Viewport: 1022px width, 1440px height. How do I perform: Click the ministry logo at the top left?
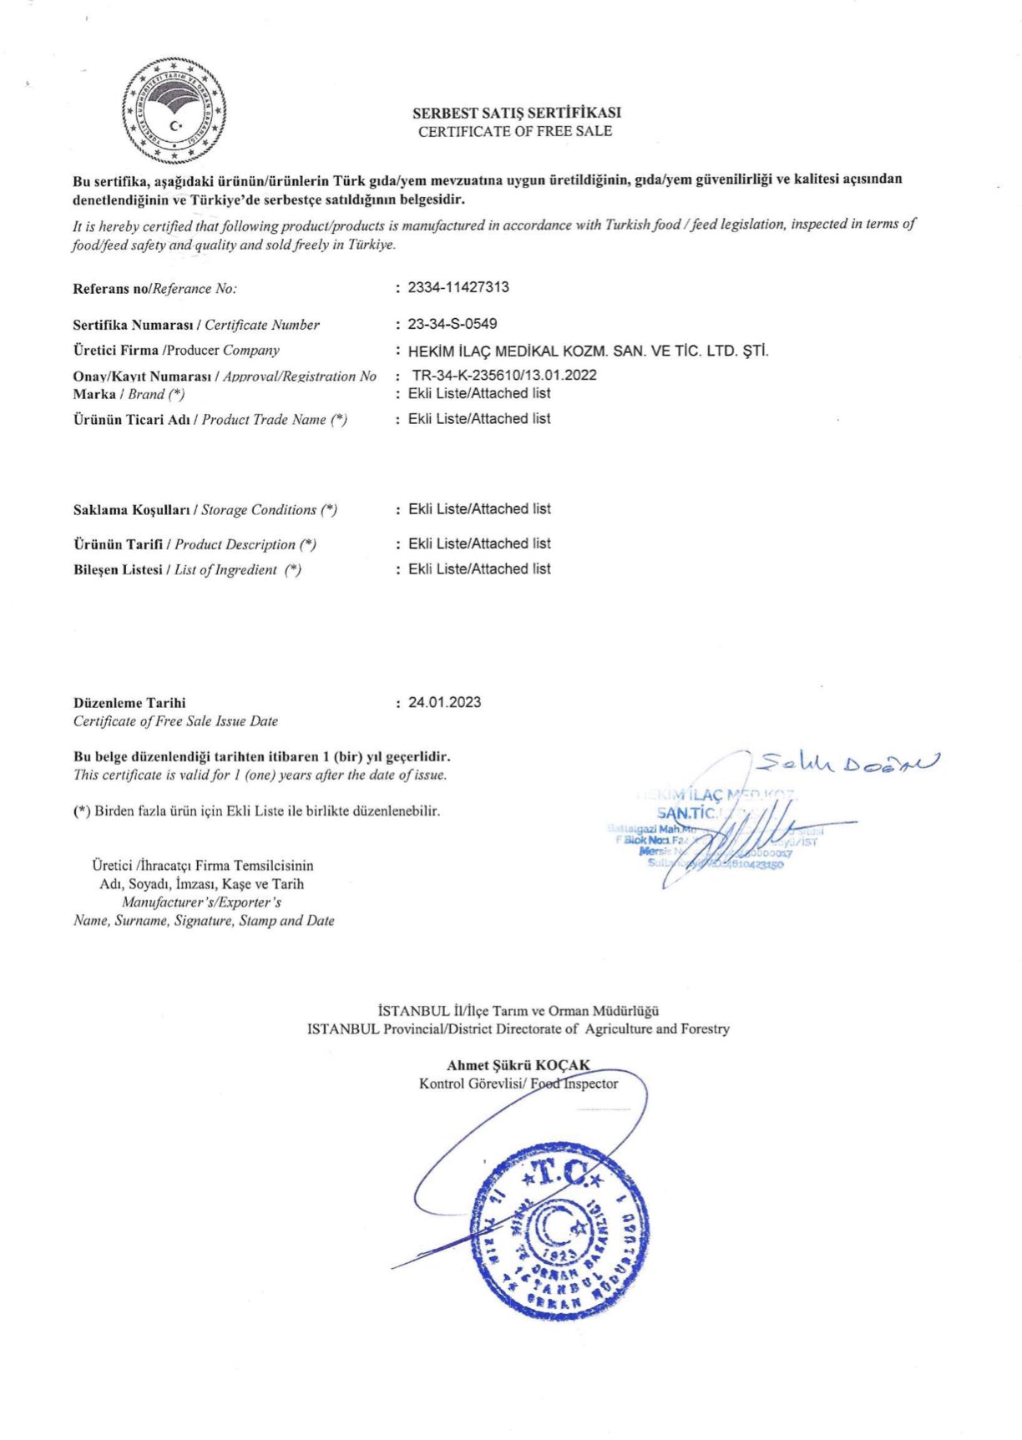(174, 111)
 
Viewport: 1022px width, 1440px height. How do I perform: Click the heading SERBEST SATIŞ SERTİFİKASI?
(516, 113)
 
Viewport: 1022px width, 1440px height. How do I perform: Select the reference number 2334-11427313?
(458, 287)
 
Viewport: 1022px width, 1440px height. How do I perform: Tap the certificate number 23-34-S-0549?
(453, 324)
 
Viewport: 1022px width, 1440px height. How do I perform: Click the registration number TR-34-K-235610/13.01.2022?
(504, 375)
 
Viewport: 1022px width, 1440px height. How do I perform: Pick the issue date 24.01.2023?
(444, 702)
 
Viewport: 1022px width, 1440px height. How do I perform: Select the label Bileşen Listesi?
(118, 570)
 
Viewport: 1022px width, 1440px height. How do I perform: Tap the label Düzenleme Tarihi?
(129, 703)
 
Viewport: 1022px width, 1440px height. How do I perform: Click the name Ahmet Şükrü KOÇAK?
(518, 1065)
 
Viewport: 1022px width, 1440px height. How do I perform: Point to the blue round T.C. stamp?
(560, 1231)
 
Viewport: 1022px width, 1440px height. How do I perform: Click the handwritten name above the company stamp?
(847, 761)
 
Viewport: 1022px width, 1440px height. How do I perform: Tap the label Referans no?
(110, 289)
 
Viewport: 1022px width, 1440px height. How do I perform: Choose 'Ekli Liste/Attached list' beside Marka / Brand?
(479, 393)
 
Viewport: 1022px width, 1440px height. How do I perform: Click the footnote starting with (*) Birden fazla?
(256, 811)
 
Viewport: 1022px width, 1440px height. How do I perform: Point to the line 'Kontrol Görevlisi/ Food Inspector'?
(519, 1084)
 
